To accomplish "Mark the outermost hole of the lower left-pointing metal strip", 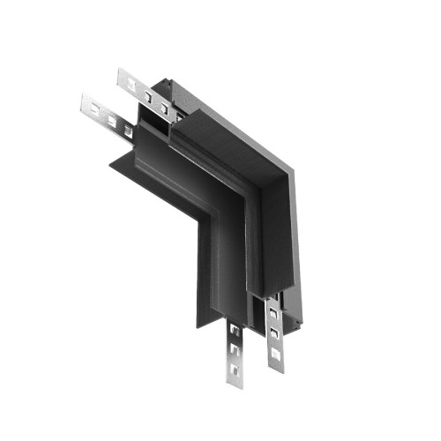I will pos(96,110).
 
